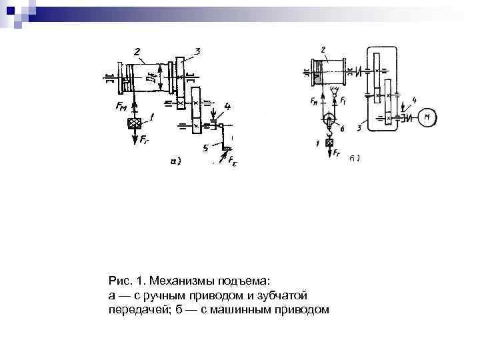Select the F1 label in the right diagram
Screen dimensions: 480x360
coord(342,101)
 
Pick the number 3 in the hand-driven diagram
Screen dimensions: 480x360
coord(197,51)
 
